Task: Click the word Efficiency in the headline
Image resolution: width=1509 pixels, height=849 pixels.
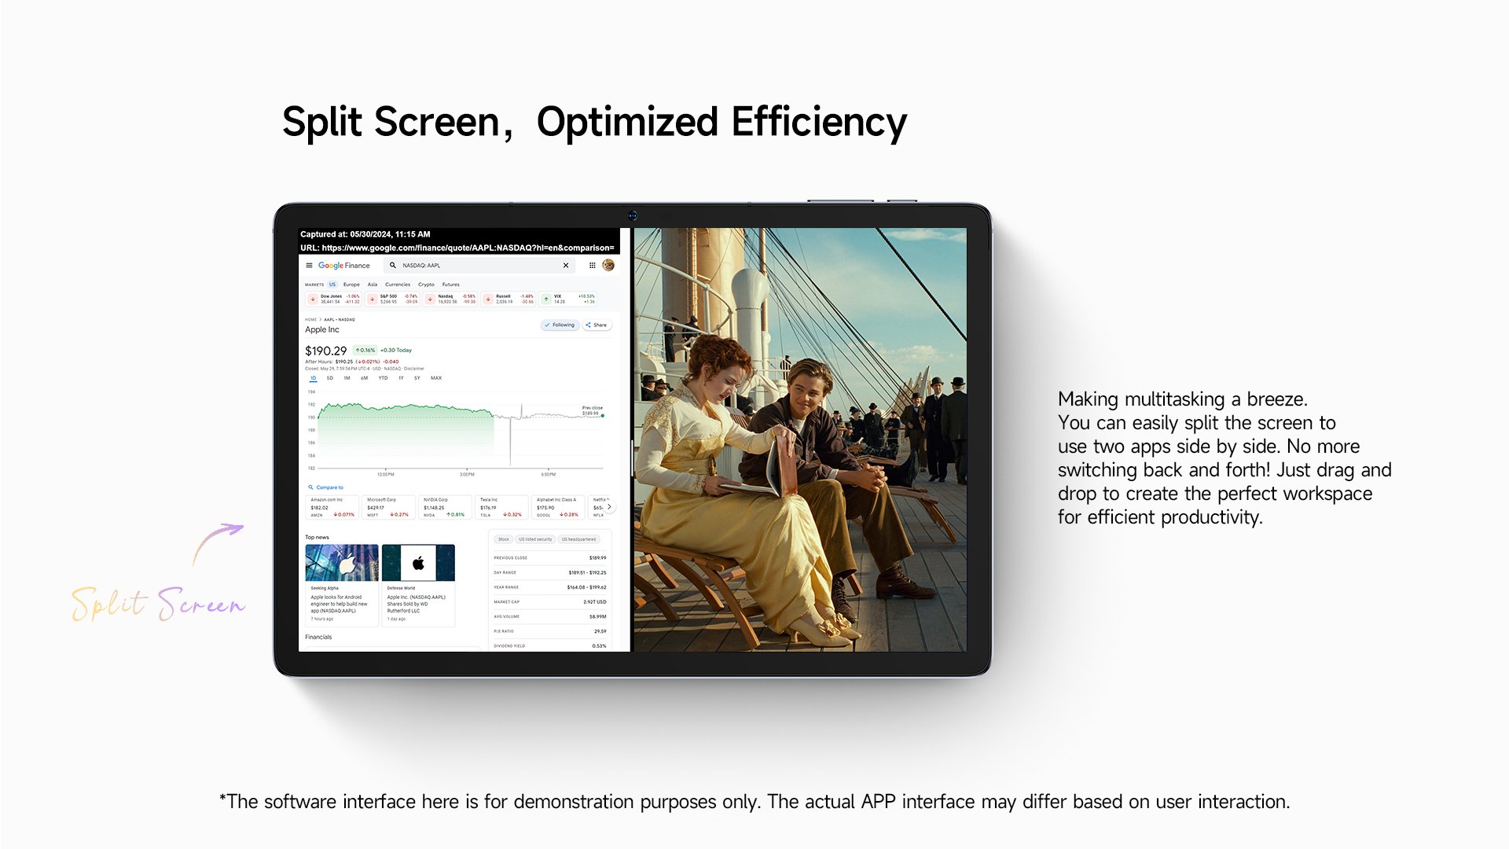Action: point(819,123)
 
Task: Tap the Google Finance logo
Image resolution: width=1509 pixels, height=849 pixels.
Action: point(343,266)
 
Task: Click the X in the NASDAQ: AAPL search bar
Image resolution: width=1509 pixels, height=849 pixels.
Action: point(566,266)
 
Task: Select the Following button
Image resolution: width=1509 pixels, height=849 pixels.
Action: point(560,325)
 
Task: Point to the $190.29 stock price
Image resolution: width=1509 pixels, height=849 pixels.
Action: point(325,351)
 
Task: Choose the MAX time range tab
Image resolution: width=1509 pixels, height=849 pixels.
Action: point(436,378)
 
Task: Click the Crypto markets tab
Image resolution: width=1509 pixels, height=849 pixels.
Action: point(426,285)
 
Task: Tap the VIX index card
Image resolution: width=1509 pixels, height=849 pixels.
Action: point(568,299)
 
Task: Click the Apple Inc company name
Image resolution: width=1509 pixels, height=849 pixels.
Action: point(322,329)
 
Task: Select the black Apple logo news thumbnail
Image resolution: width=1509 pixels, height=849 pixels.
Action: point(418,563)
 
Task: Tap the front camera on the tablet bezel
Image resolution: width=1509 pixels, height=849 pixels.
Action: point(632,215)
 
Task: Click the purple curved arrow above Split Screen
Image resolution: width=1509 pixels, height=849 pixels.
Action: point(218,542)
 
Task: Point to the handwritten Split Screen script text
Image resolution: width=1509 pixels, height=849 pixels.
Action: point(157,604)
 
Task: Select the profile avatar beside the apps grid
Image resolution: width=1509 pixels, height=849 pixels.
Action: point(608,266)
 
